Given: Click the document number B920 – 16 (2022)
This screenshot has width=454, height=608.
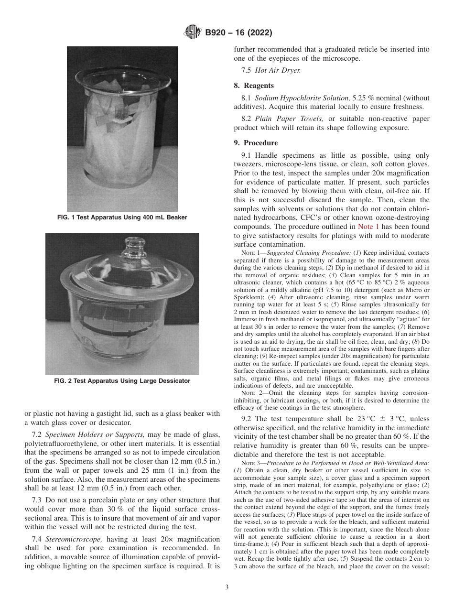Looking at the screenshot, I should pos(238,33).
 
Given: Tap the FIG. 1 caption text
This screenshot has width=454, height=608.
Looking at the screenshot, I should pos(122,217).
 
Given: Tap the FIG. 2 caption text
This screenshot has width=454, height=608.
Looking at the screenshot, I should pos(122,381).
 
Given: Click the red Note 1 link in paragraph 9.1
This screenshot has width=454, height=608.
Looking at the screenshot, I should pos(368,227).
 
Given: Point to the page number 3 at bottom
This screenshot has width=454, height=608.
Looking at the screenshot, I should pos(227,587).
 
